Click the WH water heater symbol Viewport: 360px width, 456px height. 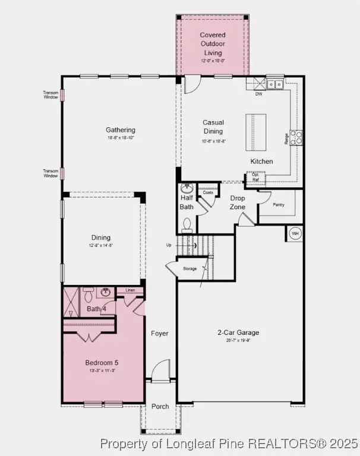click(x=295, y=233)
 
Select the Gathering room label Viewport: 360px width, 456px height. click(x=121, y=130)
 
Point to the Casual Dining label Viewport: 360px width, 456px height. click(x=213, y=127)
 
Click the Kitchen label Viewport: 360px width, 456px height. click(x=261, y=161)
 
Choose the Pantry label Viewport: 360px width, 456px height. click(x=279, y=205)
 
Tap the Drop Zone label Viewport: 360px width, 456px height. click(x=238, y=202)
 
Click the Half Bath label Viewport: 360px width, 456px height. click(x=187, y=202)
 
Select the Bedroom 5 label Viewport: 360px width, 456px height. click(x=102, y=362)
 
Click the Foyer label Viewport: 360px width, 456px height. click(x=159, y=334)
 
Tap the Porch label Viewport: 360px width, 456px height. click(x=159, y=407)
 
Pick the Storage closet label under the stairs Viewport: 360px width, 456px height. click(x=190, y=269)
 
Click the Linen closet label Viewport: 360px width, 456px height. click(x=130, y=290)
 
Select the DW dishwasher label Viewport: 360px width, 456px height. click(x=258, y=94)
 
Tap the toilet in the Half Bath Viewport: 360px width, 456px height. click(x=187, y=223)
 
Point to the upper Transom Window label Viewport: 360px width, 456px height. click(x=50, y=94)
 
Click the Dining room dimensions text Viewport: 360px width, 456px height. click(x=101, y=245)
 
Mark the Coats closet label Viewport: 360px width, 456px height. click(x=207, y=192)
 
